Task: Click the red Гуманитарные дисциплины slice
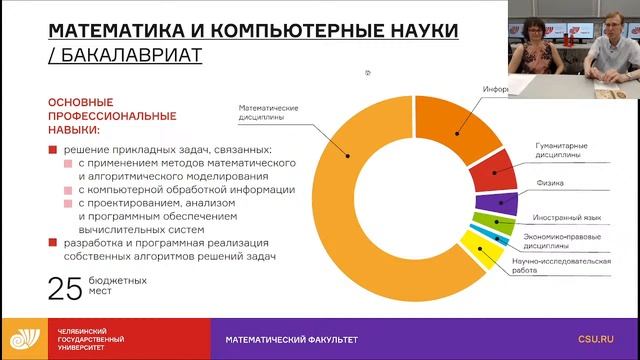click(x=490, y=174)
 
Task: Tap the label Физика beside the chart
click(x=547, y=183)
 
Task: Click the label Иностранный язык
click(x=565, y=216)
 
